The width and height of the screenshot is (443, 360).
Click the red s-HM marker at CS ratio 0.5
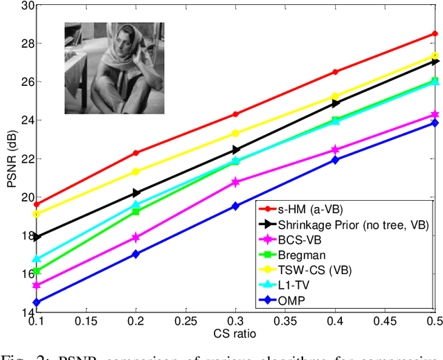(x=435, y=33)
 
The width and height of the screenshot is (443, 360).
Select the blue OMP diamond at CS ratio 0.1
(x=36, y=303)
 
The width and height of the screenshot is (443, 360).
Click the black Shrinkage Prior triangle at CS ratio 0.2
(x=136, y=193)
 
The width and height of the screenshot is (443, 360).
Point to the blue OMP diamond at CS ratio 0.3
(x=235, y=206)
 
